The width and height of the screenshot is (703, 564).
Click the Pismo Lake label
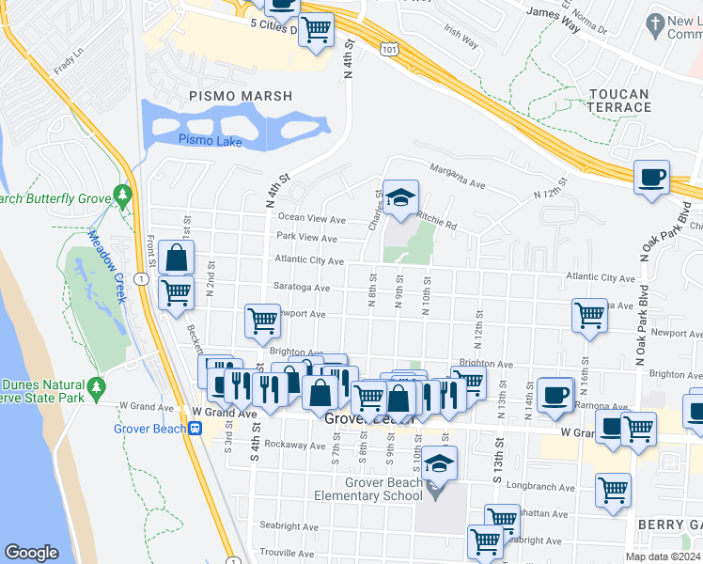(x=210, y=142)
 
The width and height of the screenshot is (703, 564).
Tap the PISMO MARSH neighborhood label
(x=241, y=96)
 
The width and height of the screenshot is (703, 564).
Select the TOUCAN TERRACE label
(x=619, y=101)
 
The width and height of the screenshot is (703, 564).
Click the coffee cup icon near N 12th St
(x=651, y=177)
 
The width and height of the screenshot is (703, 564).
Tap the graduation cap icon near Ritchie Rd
(x=400, y=197)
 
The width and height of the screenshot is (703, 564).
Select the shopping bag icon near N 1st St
(x=176, y=256)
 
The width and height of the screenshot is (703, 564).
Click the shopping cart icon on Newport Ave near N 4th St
(x=262, y=321)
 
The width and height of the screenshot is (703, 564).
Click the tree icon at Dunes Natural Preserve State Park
(x=95, y=388)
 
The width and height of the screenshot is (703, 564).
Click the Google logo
(x=32, y=553)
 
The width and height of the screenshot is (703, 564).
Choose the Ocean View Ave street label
(x=311, y=218)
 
